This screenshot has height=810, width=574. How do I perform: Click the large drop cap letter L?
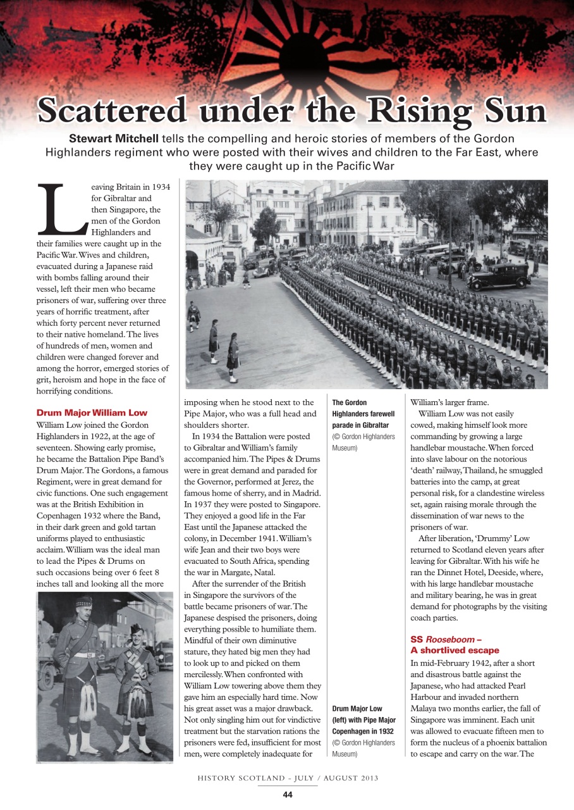click(x=60, y=209)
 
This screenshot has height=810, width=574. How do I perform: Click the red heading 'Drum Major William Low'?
click(x=92, y=413)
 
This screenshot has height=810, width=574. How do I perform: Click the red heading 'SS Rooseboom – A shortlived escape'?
click(x=455, y=645)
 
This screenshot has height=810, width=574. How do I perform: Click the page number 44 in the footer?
click(x=287, y=795)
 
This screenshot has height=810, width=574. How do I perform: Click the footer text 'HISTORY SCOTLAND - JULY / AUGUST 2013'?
click(x=287, y=777)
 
